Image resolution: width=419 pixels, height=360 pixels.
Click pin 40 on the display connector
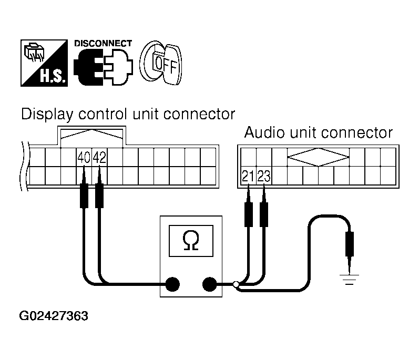pyautogui.click(x=84, y=158)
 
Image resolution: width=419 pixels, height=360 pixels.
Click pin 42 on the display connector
pyautogui.click(x=99, y=158)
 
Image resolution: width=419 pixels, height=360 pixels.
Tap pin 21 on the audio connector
pyautogui.click(x=248, y=176)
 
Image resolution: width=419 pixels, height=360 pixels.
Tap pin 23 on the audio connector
pyautogui.click(x=264, y=176)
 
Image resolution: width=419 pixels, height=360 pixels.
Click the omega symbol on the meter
pyautogui.click(x=190, y=241)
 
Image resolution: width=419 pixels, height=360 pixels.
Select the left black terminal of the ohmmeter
pyautogui.click(x=172, y=285)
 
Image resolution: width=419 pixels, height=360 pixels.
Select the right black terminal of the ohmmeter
pyautogui.click(x=210, y=285)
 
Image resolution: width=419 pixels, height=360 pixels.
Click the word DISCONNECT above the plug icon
pyautogui.click(x=103, y=43)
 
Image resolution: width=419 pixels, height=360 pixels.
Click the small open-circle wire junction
pyautogui.click(x=236, y=285)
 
